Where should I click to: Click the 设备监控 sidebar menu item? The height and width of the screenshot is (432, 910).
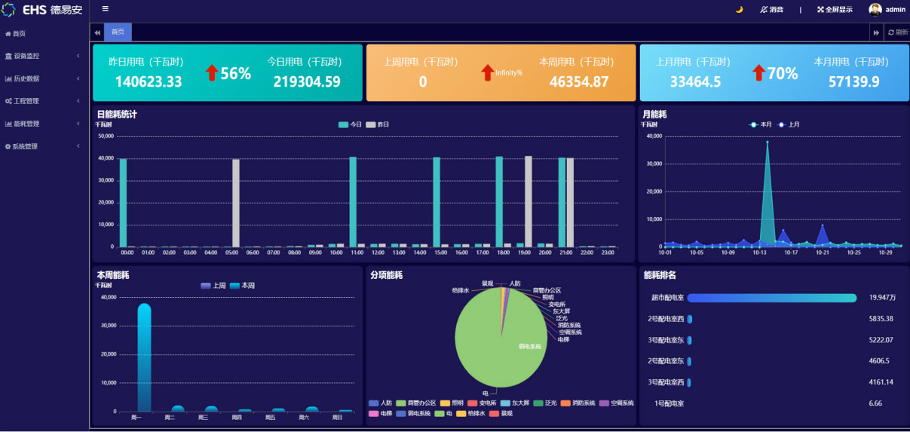pyautogui.click(x=26, y=56)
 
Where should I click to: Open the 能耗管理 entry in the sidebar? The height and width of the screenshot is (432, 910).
pyautogui.click(x=26, y=124)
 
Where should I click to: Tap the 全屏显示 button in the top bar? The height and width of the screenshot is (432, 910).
pyautogui.click(x=835, y=10)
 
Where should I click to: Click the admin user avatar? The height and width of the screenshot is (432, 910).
pyautogui.click(x=875, y=10)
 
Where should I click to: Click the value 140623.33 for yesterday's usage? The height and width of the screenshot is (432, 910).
pyautogui.click(x=149, y=81)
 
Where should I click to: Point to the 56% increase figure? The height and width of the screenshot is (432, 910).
pyautogui.click(x=235, y=73)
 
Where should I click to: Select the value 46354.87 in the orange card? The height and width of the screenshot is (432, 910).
pyautogui.click(x=579, y=81)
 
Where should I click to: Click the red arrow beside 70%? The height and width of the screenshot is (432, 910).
pyautogui.click(x=758, y=73)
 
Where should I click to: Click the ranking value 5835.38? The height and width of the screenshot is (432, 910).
pyautogui.click(x=881, y=319)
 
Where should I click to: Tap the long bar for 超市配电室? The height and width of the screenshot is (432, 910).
pyautogui.click(x=771, y=298)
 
